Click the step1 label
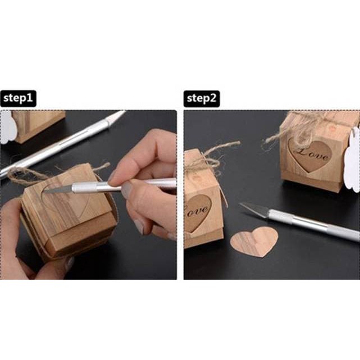[18, 99]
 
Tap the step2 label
[202, 99]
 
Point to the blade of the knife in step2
[253, 209]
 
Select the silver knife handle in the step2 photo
[315, 224]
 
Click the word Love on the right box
[311, 153]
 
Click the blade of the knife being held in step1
[56, 190]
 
